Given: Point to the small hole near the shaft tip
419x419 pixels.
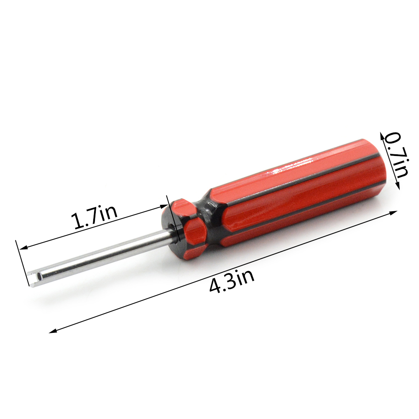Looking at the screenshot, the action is [x=39, y=275].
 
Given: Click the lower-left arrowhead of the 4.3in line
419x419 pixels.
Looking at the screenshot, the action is [x=53, y=331].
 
